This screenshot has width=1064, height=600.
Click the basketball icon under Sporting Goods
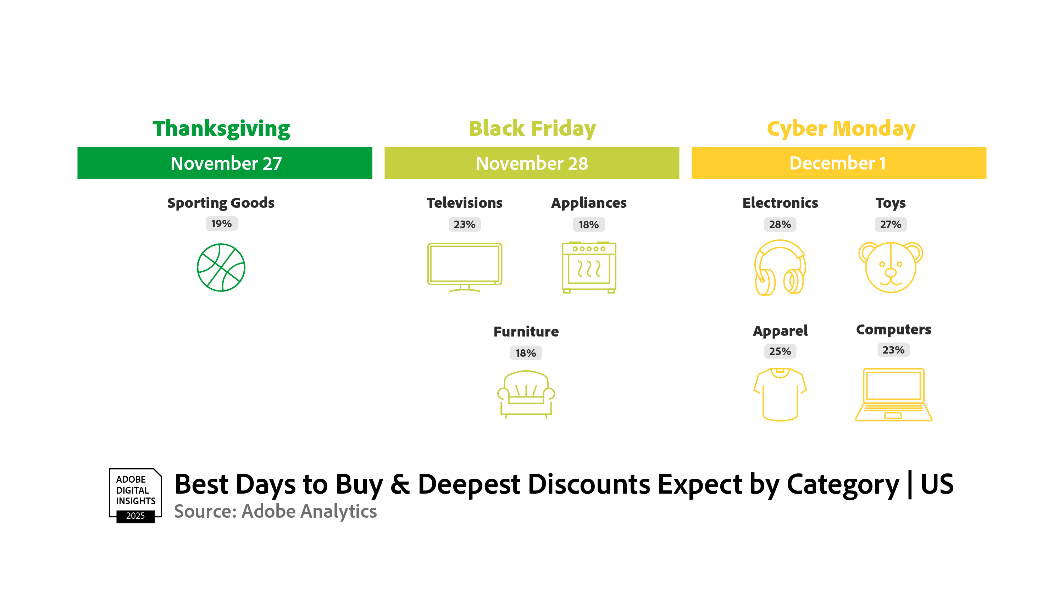(x=221, y=268)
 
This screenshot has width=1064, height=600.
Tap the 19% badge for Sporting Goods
(x=221, y=224)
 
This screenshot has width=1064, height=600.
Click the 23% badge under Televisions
(x=465, y=224)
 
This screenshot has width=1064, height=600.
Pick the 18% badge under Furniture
(x=526, y=353)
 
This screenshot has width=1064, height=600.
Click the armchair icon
(x=526, y=394)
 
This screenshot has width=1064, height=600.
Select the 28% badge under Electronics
(x=780, y=224)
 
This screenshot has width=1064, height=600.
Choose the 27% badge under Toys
(x=891, y=224)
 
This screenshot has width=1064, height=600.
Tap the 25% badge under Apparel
(x=780, y=351)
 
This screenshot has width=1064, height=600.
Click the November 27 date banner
(x=225, y=163)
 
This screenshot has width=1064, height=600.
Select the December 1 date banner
(x=839, y=163)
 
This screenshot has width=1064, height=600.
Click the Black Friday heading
(x=532, y=128)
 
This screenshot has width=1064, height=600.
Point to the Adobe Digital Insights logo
(x=135, y=495)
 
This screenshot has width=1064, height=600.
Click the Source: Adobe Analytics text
(x=276, y=511)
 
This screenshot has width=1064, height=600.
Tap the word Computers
(x=893, y=329)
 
